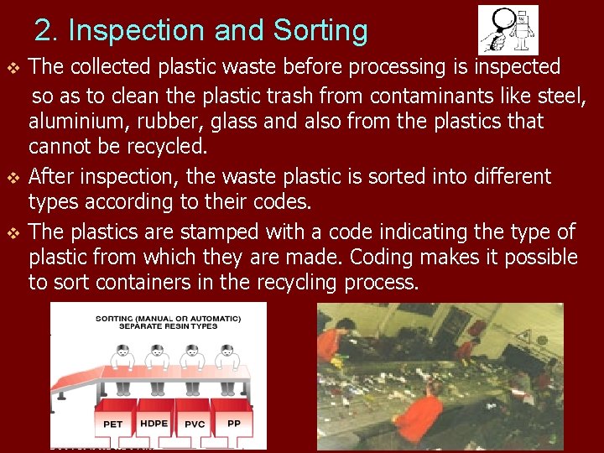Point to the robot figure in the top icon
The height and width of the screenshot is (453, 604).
pyautogui.click(x=523, y=29)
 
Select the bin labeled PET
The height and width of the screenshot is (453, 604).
pyautogui.click(x=112, y=424)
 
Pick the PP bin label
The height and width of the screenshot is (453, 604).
pyautogui.click(x=234, y=423)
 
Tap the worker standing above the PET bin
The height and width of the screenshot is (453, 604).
pyautogui.click(x=121, y=369)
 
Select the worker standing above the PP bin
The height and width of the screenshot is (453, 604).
pyautogui.click(x=224, y=369)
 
